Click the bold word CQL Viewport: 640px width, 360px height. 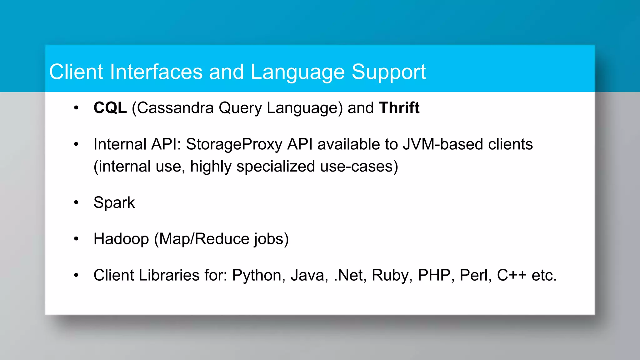pos(110,108)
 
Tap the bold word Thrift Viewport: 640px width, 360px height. pos(399,108)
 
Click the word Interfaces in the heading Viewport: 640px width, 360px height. pos(156,72)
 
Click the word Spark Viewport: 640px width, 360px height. pos(114,203)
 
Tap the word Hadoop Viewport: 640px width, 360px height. pos(121,239)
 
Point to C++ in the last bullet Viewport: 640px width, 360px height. pos(512,275)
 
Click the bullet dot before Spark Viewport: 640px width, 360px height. pos(76,203)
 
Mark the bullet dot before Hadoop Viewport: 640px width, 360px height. pos(76,239)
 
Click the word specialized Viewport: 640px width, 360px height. pos(275,167)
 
